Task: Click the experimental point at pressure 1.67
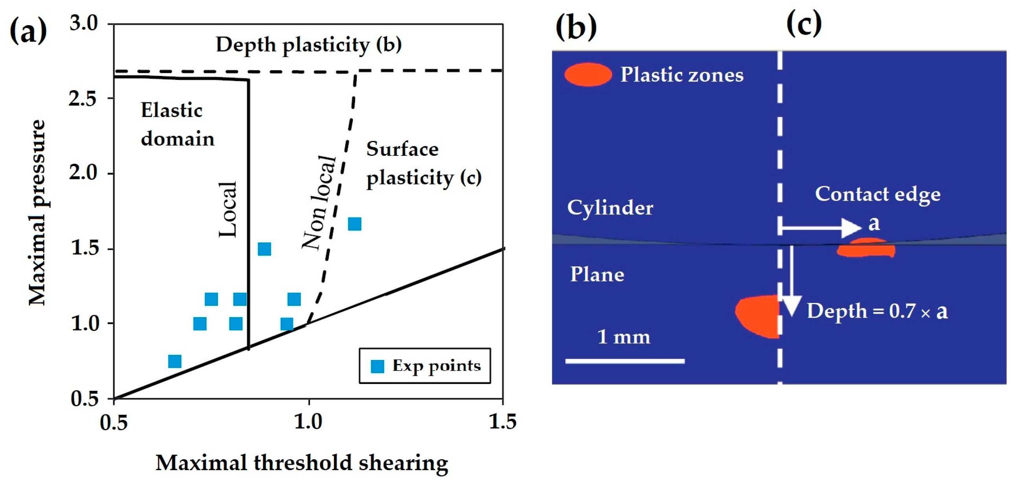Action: point(354,224)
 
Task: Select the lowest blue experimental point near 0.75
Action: point(175,361)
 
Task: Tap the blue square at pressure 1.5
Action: point(264,249)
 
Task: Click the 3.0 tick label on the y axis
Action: point(83,24)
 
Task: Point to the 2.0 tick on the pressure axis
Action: point(83,173)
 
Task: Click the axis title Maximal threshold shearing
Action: point(302,463)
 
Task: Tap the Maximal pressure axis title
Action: point(38,212)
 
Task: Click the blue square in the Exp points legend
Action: point(378,366)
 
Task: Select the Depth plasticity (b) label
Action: point(309,44)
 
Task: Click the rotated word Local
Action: point(228,210)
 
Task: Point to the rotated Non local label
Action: point(319,202)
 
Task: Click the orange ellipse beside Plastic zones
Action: point(588,74)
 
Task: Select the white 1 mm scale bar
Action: point(625,361)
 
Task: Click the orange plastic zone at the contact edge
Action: point(866,248)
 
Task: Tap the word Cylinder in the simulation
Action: point(610,207)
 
